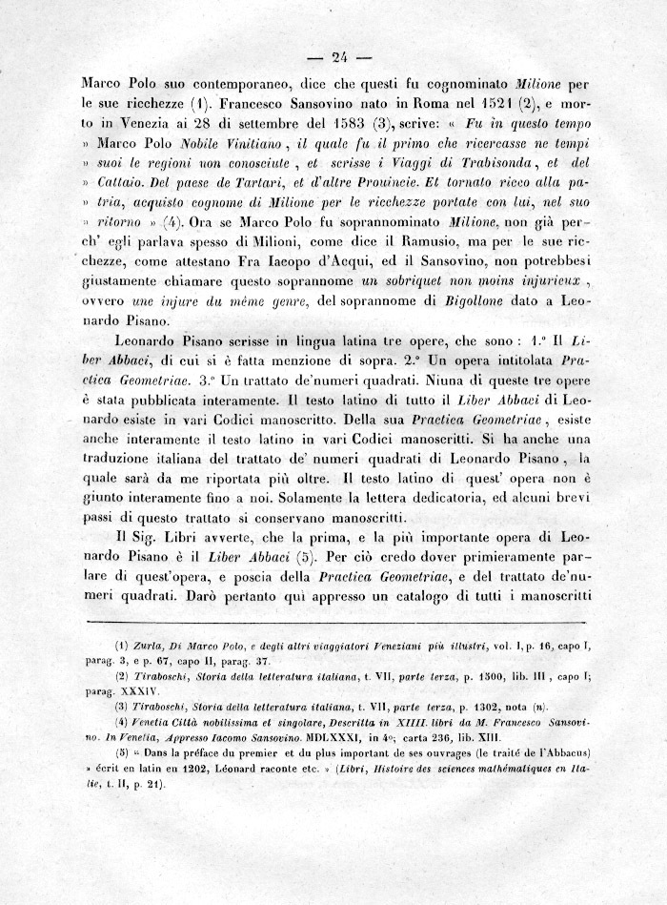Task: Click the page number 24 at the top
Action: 334,53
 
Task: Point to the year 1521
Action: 497,103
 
